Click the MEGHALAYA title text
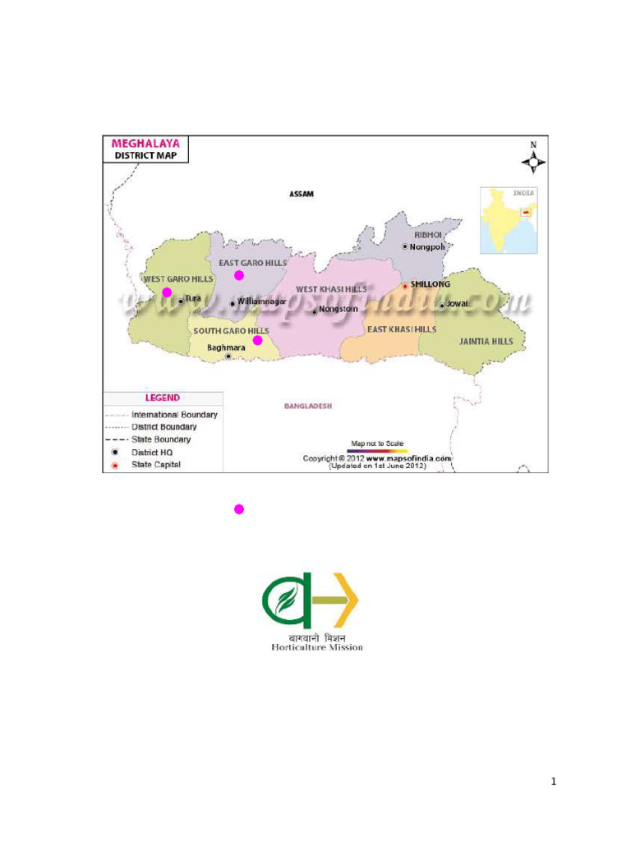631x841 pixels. click(x=146, y=143)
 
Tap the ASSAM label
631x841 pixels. click(x=302, y=195)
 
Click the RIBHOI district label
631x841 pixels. click(x=428, y=235)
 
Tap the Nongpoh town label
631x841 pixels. click(x=427, y=246)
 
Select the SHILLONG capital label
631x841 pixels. click(x=430, y=284)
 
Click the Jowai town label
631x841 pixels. click(x=457, y=304)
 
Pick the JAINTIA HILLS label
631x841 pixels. click(x=486, y=341)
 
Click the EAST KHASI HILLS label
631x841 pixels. click(x=401, y=329)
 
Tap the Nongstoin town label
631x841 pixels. click(x=338, y=310)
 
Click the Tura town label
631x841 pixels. click(x=192, y=299)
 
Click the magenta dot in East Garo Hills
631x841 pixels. click(x=239, y=275)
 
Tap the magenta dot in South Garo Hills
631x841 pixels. click(x=257, y=340)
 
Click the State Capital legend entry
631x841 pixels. click(x=156, y=465)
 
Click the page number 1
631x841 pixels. click(x=554, y=782)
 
